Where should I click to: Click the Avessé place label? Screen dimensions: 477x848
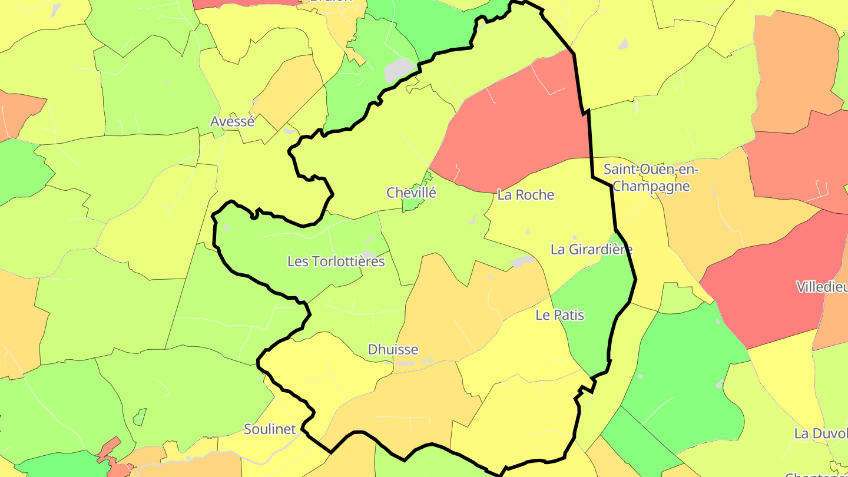pyautogui.click(x=233, y=122)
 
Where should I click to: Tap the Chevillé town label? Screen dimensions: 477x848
pyautogui.click(x=411, y=193)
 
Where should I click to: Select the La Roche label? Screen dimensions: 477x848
pyautogui.click(x=525, y=195)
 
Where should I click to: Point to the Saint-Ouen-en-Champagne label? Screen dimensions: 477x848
pyautogui.click(x=651, y=178)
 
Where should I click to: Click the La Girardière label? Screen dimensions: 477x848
pyautogui.click(x=591, y=249)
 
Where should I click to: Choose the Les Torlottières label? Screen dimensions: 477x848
pyautogui.click(x=336, y=261)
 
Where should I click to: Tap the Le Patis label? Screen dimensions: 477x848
pyautogui.click(x=559, y=315)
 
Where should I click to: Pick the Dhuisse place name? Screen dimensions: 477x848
pyautogui.click(x=393, y=349)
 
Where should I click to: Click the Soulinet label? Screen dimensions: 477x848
pyautogui.click(x=270, y=429)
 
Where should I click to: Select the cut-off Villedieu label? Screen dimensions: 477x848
pyautogui.click(x=821, y=287)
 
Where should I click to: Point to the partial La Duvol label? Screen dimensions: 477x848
pyautogui.click(x=820, y=433)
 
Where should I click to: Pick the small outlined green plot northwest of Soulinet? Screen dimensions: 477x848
pyautogui.click(x=140, y=418)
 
